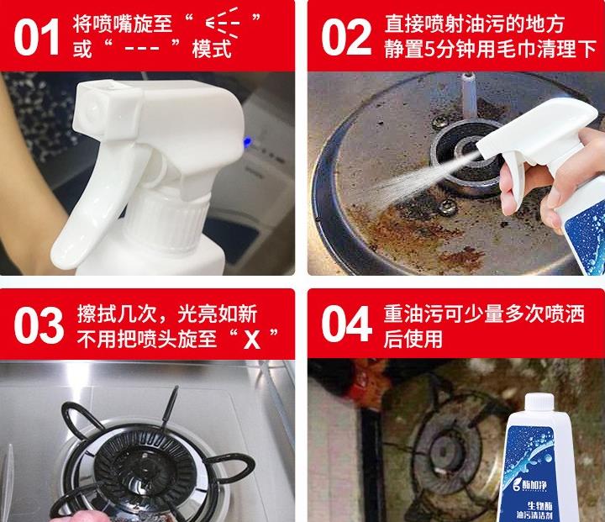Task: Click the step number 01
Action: coord(37,37)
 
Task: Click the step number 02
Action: coord(345,37)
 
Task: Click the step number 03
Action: coord(37,327)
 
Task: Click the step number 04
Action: coord(345,327)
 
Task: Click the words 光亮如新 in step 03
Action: coord(219,314)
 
